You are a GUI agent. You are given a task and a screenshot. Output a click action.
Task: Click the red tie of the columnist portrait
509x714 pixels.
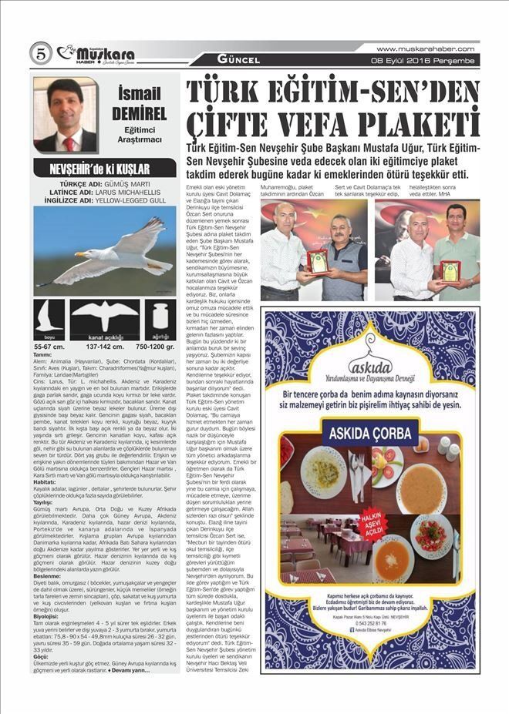click(69, 142)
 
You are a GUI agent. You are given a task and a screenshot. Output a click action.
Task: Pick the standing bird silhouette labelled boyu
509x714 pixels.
click(52, 318)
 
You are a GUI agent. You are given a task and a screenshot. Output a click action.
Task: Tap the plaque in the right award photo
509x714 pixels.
click(450, 271)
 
